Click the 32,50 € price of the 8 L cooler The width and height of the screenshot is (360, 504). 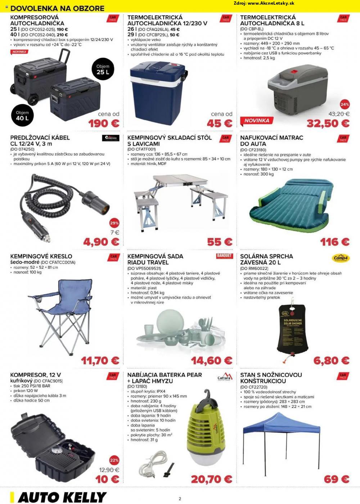click(x=328, y=123)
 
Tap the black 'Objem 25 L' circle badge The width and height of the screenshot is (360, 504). click(x=103, y=69)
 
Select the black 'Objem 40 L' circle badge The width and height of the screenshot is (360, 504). click(x=22, y=116)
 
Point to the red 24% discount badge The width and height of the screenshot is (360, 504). click(x=345, y=104)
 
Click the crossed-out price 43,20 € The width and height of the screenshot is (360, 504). click(x=339, y=114)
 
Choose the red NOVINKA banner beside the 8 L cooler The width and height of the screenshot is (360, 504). click(x=257, y=121)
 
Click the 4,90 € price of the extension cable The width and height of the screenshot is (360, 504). click(x=101, y=242)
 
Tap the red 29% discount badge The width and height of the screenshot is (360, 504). click(x=114, y=223)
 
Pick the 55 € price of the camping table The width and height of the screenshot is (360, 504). click(x=220, y=242)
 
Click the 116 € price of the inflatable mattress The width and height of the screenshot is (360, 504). click(x=335, y=242)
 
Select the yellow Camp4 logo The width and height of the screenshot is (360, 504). click(x=341, y=258)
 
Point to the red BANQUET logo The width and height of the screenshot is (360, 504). click(x=225, y=256)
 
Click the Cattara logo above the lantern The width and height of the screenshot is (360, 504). click(x=225, y=377)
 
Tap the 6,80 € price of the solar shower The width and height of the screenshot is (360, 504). click(x=331, y=360)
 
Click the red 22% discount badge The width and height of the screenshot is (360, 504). click(x=114, y=460)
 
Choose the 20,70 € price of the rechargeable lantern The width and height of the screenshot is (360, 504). click(x=211, y=479)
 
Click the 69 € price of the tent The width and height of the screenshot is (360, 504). click(x=337, y=479)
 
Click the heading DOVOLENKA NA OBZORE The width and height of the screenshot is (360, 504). click(x=57, y=8)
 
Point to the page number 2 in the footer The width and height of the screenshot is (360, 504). click(x=180, y=499)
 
